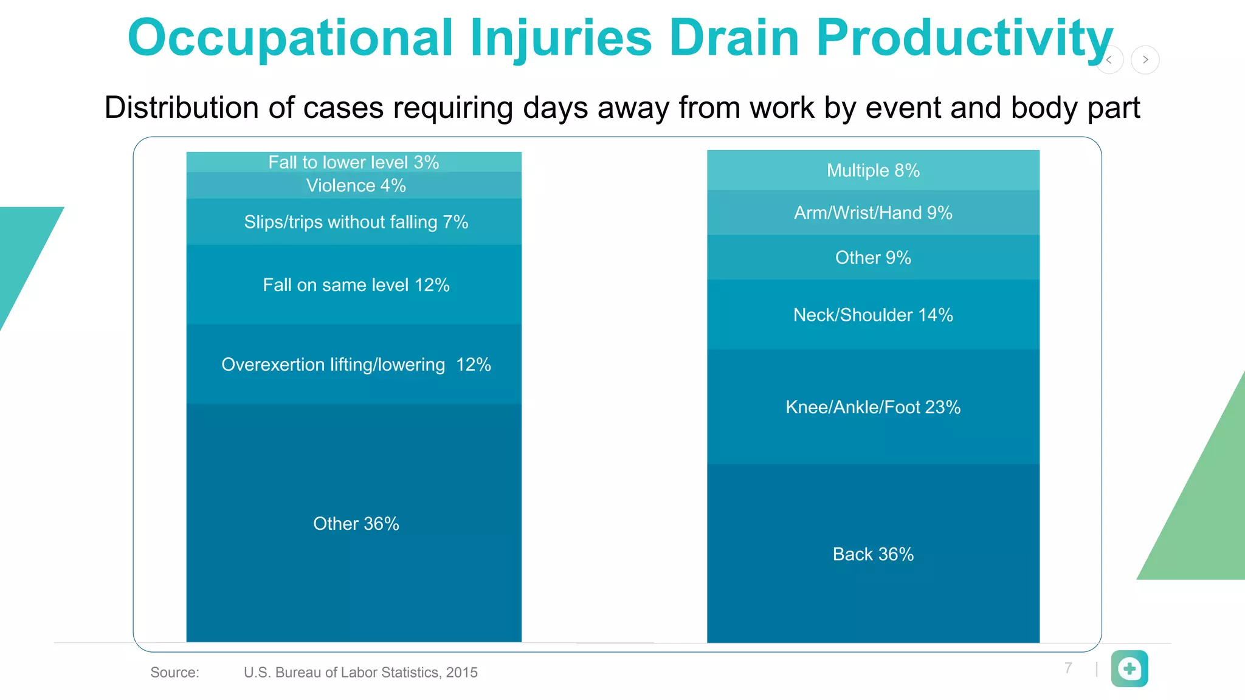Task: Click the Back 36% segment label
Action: (873, 554)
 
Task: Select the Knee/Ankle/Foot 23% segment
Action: (873, 407)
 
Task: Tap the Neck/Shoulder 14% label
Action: (873, 315)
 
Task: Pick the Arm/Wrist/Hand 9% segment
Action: (873, 213)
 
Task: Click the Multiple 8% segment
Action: (873, 170)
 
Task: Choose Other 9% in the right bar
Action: (873, 258)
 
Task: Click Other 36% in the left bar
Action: (356, 523)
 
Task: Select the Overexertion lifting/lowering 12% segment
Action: (356, 364)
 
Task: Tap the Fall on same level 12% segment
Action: (356, 284)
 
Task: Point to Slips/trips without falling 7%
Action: (356, 222)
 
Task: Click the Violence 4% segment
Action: (356, 185)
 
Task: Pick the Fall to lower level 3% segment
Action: (354, 162)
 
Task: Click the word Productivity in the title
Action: (964, 38)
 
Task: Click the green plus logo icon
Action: (1129, 668)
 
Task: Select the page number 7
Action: (1068, 668)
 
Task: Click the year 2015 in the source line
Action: (461, 672)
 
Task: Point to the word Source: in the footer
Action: (174, 672)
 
